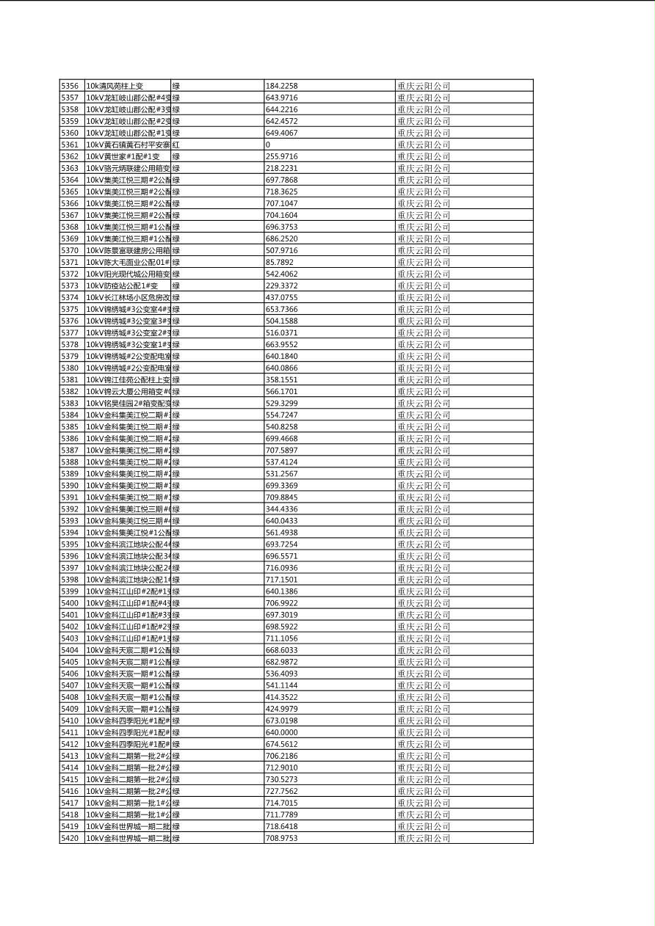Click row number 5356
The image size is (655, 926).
click(70, 86)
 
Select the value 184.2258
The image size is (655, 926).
click(281, 86)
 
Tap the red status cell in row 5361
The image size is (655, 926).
click(176, 145)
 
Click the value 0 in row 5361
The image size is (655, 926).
click(268, 145)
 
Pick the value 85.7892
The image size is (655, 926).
click(279, 262)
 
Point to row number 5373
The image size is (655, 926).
click(70, 285)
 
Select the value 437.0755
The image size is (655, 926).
click(281, 297)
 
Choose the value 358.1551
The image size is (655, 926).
click(281, 379)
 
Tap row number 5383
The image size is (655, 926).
click(70, 403)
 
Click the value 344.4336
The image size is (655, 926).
click(281, 508)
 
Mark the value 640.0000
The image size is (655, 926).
click(281, 732)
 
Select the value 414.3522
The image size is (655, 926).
click(281, 697)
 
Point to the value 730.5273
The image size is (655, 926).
click(281, 779)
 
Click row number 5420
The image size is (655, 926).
click(70, 838)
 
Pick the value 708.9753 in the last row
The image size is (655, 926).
click(281, 838)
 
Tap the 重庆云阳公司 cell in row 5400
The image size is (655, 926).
click(424, 603)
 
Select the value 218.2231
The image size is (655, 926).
click(281, 168)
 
